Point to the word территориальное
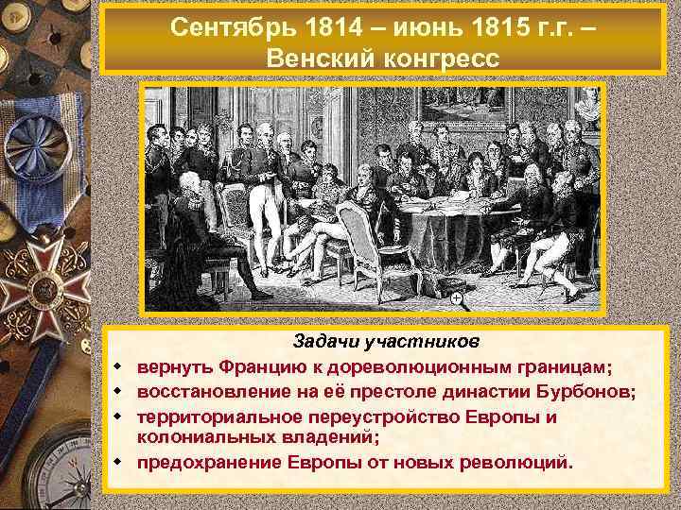(x=218, y=416)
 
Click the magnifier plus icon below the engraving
(x=457, y=299)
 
